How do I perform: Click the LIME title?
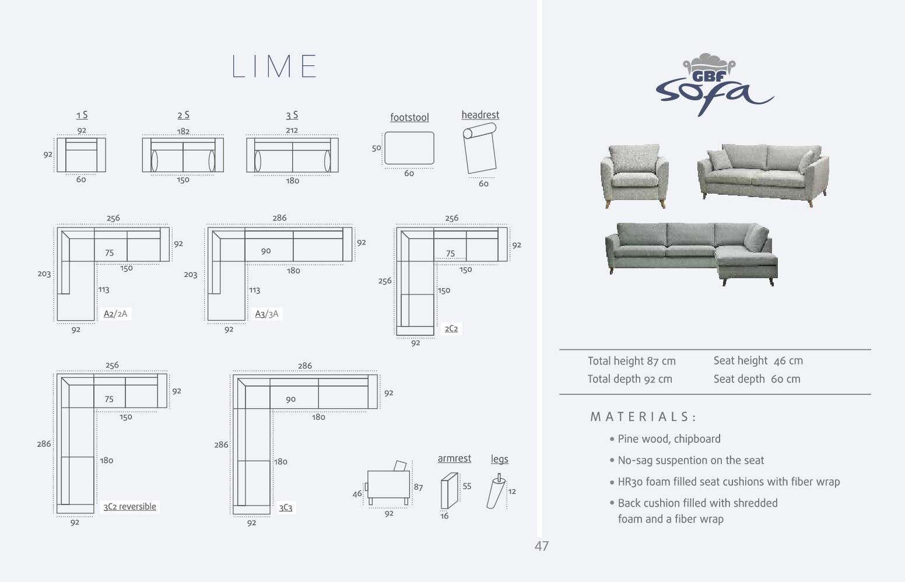pos(274,66)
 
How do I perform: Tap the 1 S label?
pos(82,115)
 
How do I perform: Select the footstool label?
pos(409,117)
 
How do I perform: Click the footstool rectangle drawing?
pos(409,148)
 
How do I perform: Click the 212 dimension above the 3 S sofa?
pos(292,130)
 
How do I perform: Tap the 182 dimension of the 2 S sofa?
pos(183,131)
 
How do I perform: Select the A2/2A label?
pos(115,314)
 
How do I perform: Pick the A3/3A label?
pos(266,314)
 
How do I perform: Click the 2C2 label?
pos(451,328)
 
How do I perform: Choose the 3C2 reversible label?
pos(129,506)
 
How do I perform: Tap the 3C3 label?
pos(286,507)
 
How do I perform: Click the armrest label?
pos(454,458)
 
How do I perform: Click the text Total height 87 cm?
pos(632,361)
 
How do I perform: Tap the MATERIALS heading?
pos(643,417)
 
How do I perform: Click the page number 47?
pos(542,546)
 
